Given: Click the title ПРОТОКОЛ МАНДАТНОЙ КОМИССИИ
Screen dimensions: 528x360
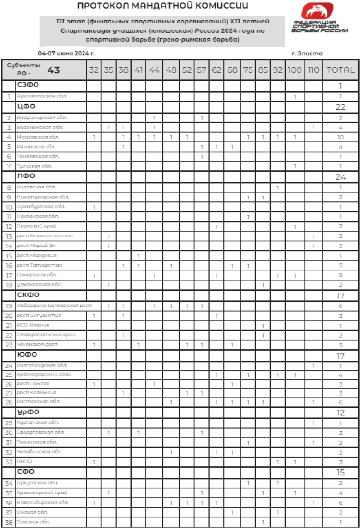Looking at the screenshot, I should (x=163, y=6).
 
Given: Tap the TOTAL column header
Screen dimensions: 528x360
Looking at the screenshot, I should (x=340, y=70).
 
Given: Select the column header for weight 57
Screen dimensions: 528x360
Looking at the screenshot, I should (x=202, y=70).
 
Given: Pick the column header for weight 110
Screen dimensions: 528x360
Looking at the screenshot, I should (x=313, y=70).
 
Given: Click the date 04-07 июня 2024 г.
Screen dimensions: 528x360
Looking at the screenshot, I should (x=66, y=53).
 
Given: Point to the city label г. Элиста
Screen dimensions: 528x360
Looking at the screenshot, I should (x=307, y=53).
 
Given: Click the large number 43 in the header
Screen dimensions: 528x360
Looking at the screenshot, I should (x=53, y=70).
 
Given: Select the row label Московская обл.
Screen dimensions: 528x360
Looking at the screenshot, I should (x=38, y=137).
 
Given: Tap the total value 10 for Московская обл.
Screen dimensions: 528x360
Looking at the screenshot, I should (x=340, y=137).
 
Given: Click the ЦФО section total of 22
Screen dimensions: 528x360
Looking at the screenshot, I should (x=340, y=106).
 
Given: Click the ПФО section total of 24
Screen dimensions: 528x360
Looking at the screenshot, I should (x=340, y=177).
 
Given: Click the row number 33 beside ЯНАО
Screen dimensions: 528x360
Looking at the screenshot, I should (x=9, y=462).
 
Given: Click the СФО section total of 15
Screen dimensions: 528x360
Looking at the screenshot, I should (x=340, y=472).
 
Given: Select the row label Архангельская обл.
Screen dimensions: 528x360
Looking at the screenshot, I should (x=42, y=96).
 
